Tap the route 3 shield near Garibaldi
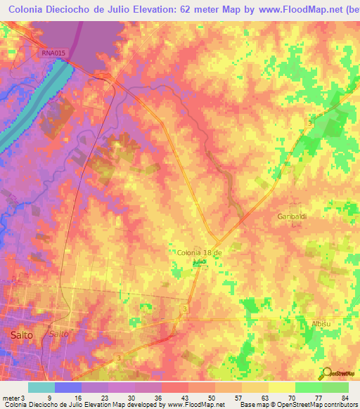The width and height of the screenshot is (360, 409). [x=309, y=123]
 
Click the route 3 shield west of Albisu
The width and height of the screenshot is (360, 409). [x=184, y=309]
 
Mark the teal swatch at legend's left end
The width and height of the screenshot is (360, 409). [x=41, y=387]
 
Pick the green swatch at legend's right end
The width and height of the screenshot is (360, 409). [x=335, y=387]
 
